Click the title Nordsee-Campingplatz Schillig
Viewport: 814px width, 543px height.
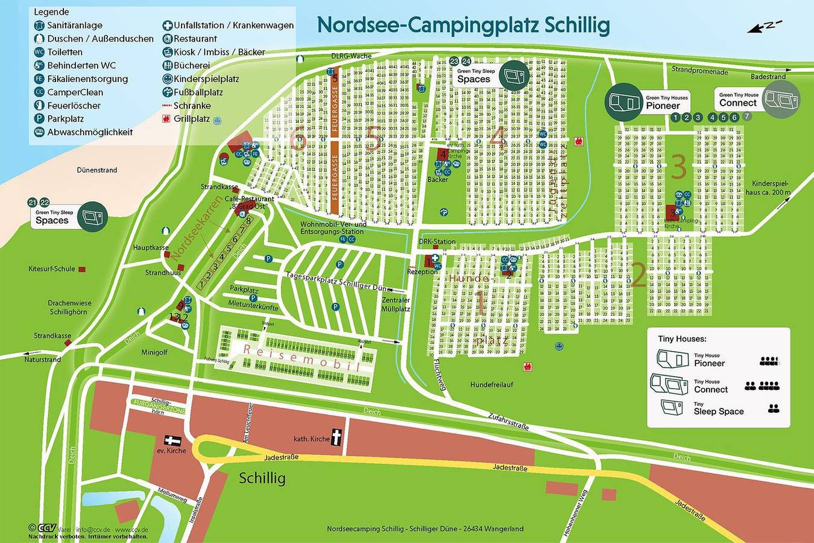pyautogui.click(x=463, y=25)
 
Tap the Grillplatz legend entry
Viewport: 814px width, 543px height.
pyautogui.click(x=191, y=119)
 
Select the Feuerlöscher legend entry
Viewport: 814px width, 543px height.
pyautogui.click(x=74, y=106)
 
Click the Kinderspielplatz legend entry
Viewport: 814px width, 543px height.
pyautogui.click(x=206, y=79)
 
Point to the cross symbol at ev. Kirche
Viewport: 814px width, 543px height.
pyautogui.click(x=172, y=442)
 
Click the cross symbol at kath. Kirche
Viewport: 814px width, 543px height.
pyautogui.click(x=336, y=437)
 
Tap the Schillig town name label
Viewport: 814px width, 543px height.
pyautogui.click(x=262, y=478)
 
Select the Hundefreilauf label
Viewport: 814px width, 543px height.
pyautogui.click(x=491, y=384)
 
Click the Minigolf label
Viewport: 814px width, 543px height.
pyautogui.click(x=154, y=352)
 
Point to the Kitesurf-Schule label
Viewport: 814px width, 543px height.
pyautogui.click(x=52, y=269)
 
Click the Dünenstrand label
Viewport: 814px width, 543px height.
pyautogui.click(x=96, y=170)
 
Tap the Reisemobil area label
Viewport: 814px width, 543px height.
pyautogui.click(x=301, y=358)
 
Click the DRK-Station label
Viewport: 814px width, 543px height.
pyautogui.click(x=437, y=242)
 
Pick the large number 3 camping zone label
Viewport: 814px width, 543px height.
pyautogui.click(x=678, y=167)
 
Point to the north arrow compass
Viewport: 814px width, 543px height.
pyautogui.click(x=765, y=26)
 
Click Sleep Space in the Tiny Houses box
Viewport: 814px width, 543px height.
pyautogui.click(x=718, y=411)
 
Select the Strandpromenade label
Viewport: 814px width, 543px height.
pyautogui.click(x=699, y=71)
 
